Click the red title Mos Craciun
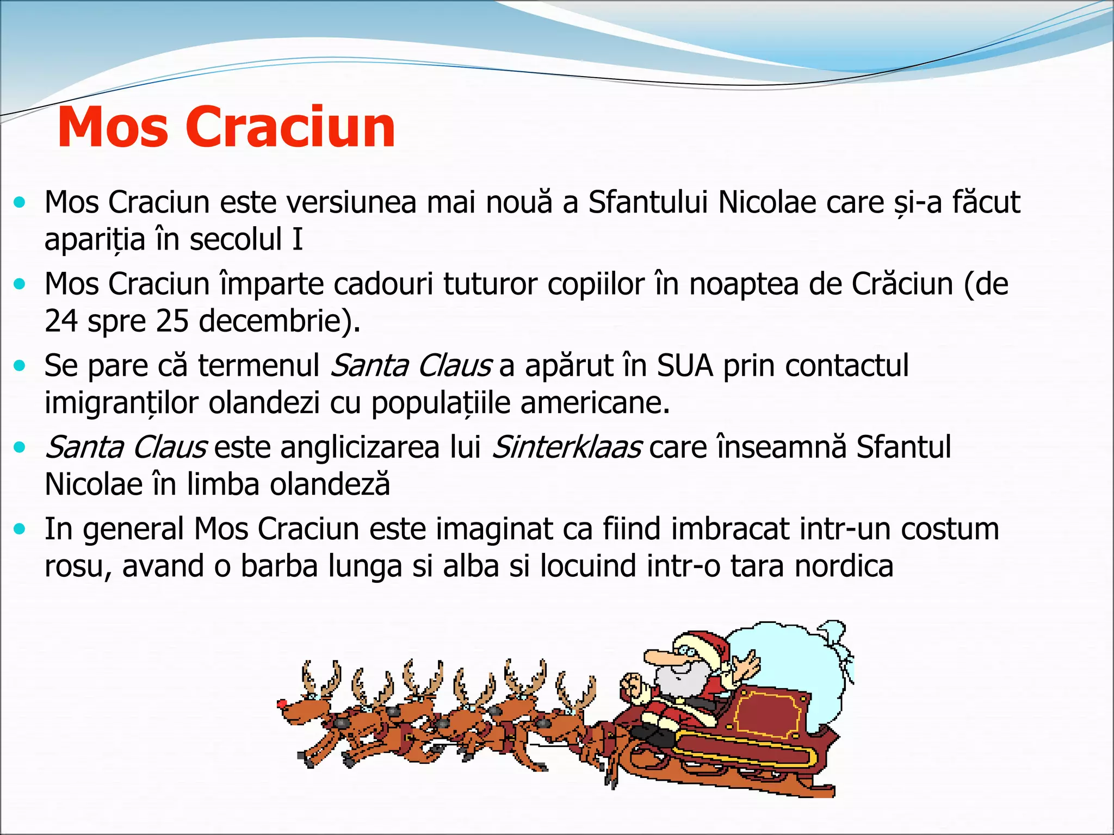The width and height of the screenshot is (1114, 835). pos(226,127)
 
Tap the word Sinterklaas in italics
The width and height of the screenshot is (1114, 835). pos(566,447)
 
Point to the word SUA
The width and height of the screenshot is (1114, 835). pos(685,365)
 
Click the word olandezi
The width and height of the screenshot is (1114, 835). pos(264,403)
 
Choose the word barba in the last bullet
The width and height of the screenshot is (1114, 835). pos(279,566)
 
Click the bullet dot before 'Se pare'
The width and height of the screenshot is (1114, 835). pos(20,366)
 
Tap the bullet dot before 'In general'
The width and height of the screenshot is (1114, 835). pos(20,529)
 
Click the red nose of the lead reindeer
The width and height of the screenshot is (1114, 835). pos(282,703)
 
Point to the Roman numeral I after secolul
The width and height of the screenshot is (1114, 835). pos(297,239)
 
